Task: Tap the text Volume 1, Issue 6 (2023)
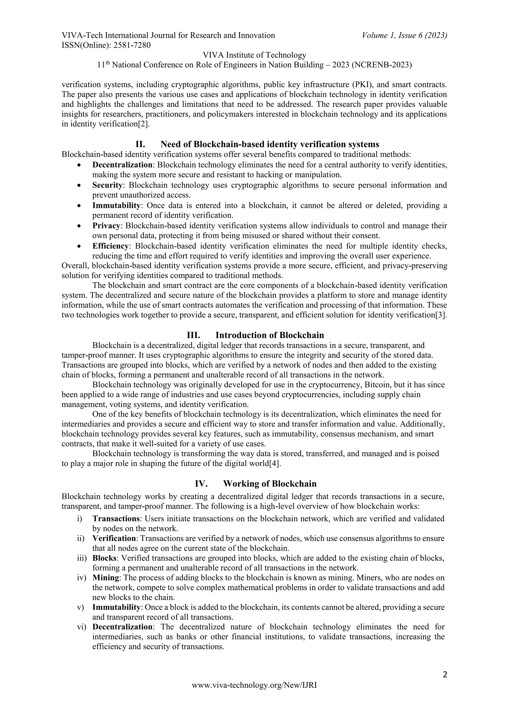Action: (x=404, y=36)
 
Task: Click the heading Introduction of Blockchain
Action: (x=270, y=335)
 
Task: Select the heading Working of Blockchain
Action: (x=270, y=484)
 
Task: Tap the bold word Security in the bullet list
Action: (x=107, y=185)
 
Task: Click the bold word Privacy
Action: (x=106, y=225)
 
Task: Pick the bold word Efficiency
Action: (x=110, y=246)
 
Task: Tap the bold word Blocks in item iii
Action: (x=104, y=558)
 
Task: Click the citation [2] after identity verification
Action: (x=141, y=124)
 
